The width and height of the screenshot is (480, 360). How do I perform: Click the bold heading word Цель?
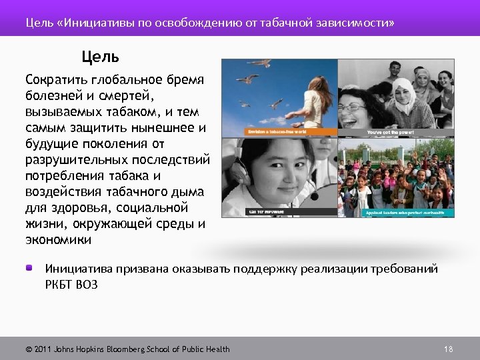coord(100,56)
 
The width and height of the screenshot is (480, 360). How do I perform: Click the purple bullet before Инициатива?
coord(30,268)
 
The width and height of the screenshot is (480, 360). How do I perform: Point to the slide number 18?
coord(448,349)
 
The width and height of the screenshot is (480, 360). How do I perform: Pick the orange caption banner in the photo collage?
coord(291,132)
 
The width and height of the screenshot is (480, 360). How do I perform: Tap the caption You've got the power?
coord(390,133)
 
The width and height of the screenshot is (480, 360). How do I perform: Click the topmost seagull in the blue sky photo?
coord(260,64)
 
